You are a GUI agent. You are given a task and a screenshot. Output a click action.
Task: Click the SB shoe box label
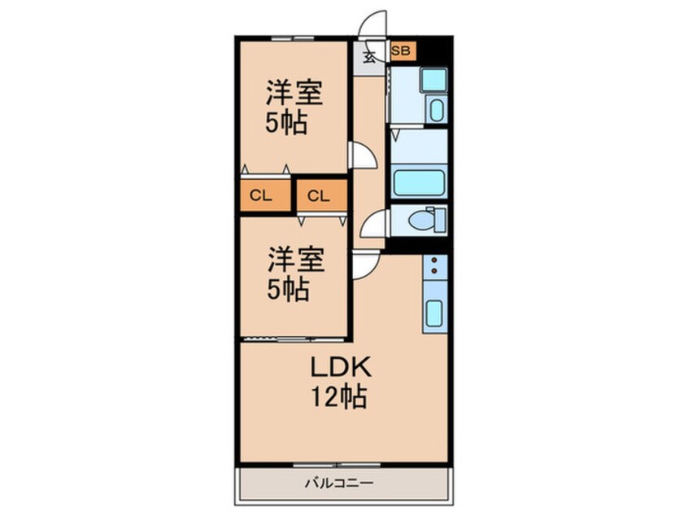(x=402, y=51)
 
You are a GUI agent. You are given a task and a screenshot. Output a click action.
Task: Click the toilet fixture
(x=425, y=220)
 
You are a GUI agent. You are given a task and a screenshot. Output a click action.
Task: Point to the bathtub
(x=419, y=182)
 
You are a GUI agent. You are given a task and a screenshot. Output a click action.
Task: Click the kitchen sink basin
(x=434, y=313)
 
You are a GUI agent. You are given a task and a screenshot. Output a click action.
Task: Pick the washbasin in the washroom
(x=435, y=109)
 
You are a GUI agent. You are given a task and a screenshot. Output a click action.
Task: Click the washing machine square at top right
(x=433, y=79)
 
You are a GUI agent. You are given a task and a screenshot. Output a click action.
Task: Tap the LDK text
(x=339, y=368)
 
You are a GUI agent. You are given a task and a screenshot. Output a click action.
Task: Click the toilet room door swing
(x=374, y=223)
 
